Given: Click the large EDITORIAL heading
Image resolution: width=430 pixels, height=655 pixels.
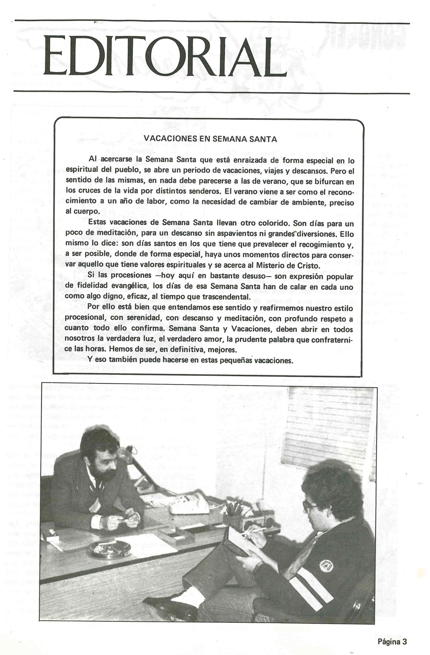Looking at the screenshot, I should click(x=159, y=57).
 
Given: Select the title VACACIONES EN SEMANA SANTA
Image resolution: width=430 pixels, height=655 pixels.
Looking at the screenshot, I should click(x=210, y=139).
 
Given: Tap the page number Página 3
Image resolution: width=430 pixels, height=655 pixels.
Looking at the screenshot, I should click(x=392, y=642).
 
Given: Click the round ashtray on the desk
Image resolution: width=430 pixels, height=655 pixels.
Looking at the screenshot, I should click(x=109, y=549).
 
